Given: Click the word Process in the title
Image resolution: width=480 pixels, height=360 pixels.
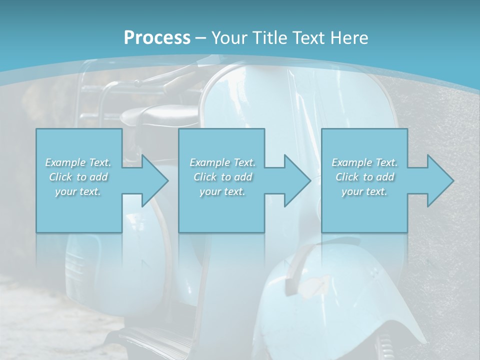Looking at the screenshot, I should pyautogui.click(x=157, y=38).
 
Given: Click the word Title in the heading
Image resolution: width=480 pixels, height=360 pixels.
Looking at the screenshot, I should pyautogui.click(x=269, y=38).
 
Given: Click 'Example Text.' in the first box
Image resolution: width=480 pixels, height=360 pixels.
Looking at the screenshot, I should pyautogui.click(x=78, y=162).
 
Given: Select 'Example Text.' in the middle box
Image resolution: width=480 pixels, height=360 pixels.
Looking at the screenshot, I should pyautogui.click(x=222, y=162).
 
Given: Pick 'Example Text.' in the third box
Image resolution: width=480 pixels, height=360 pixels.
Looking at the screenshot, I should pyautogui.click(x=364, y=162).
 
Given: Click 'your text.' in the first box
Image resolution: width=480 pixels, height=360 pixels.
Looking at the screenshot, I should pyautogui.click(x=78, y=191).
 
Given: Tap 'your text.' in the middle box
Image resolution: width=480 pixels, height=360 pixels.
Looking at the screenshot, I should pyautogui.click(x=222, y=191).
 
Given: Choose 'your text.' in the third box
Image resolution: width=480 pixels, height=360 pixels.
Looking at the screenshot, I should pyautogui.click(x=364, y=191).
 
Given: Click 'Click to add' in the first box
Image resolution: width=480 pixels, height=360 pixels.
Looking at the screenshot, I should pyautogui.click(x=78, y=177).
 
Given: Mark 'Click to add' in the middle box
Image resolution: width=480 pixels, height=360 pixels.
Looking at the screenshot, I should pyautogui.click(x=222, y=177).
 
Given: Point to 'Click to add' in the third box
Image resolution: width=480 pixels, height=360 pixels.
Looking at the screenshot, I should pyautogui.click(x=364, y=177).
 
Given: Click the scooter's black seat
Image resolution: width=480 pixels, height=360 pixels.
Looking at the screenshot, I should pyautogui.click(x=155, y=116).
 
